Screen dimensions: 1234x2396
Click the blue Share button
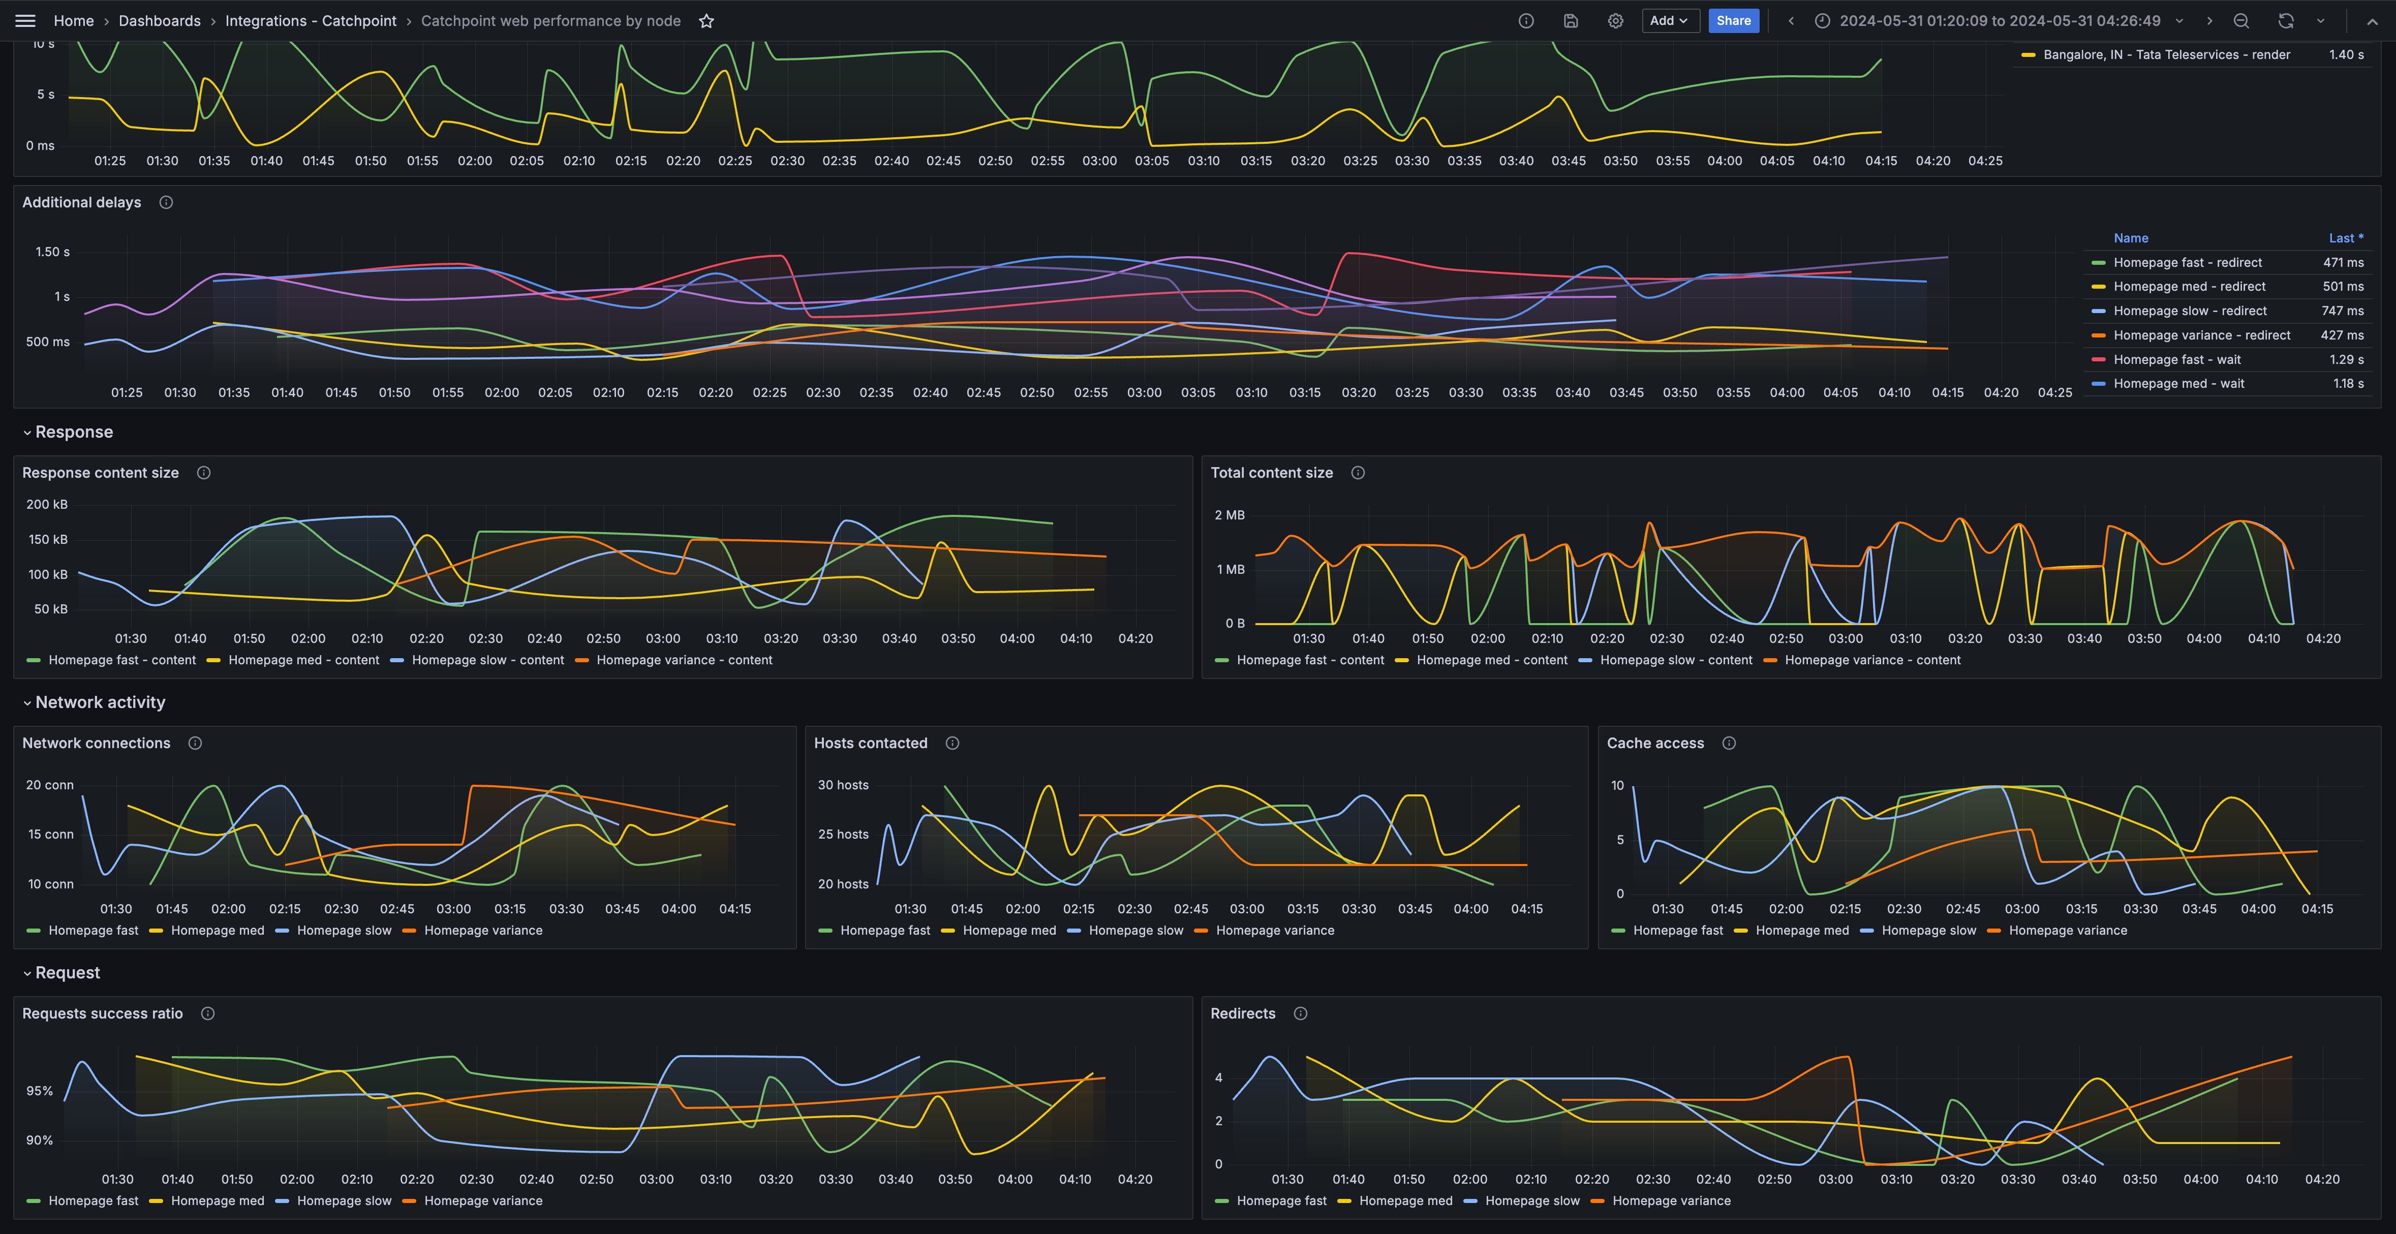(x=1733, y=20)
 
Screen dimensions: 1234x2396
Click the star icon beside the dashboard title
(x=706, y=20)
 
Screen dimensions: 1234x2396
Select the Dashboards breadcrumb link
(x=159, y=20)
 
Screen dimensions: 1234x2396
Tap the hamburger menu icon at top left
(x=25, y=20)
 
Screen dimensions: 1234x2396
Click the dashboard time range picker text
(x=1999, y=20)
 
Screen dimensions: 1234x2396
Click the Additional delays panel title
(x=82, y=202)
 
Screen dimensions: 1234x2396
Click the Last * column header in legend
(x=2345, y=238)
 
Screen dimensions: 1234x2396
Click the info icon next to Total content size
(x=1357, y=472)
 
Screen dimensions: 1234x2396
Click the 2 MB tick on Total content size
(x=1228, y=514)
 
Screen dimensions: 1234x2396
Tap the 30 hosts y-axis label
(x=843, y=785)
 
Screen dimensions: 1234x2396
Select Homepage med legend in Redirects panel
(x=1404, y=1200)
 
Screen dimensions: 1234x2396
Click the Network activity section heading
(x=100, y=702)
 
